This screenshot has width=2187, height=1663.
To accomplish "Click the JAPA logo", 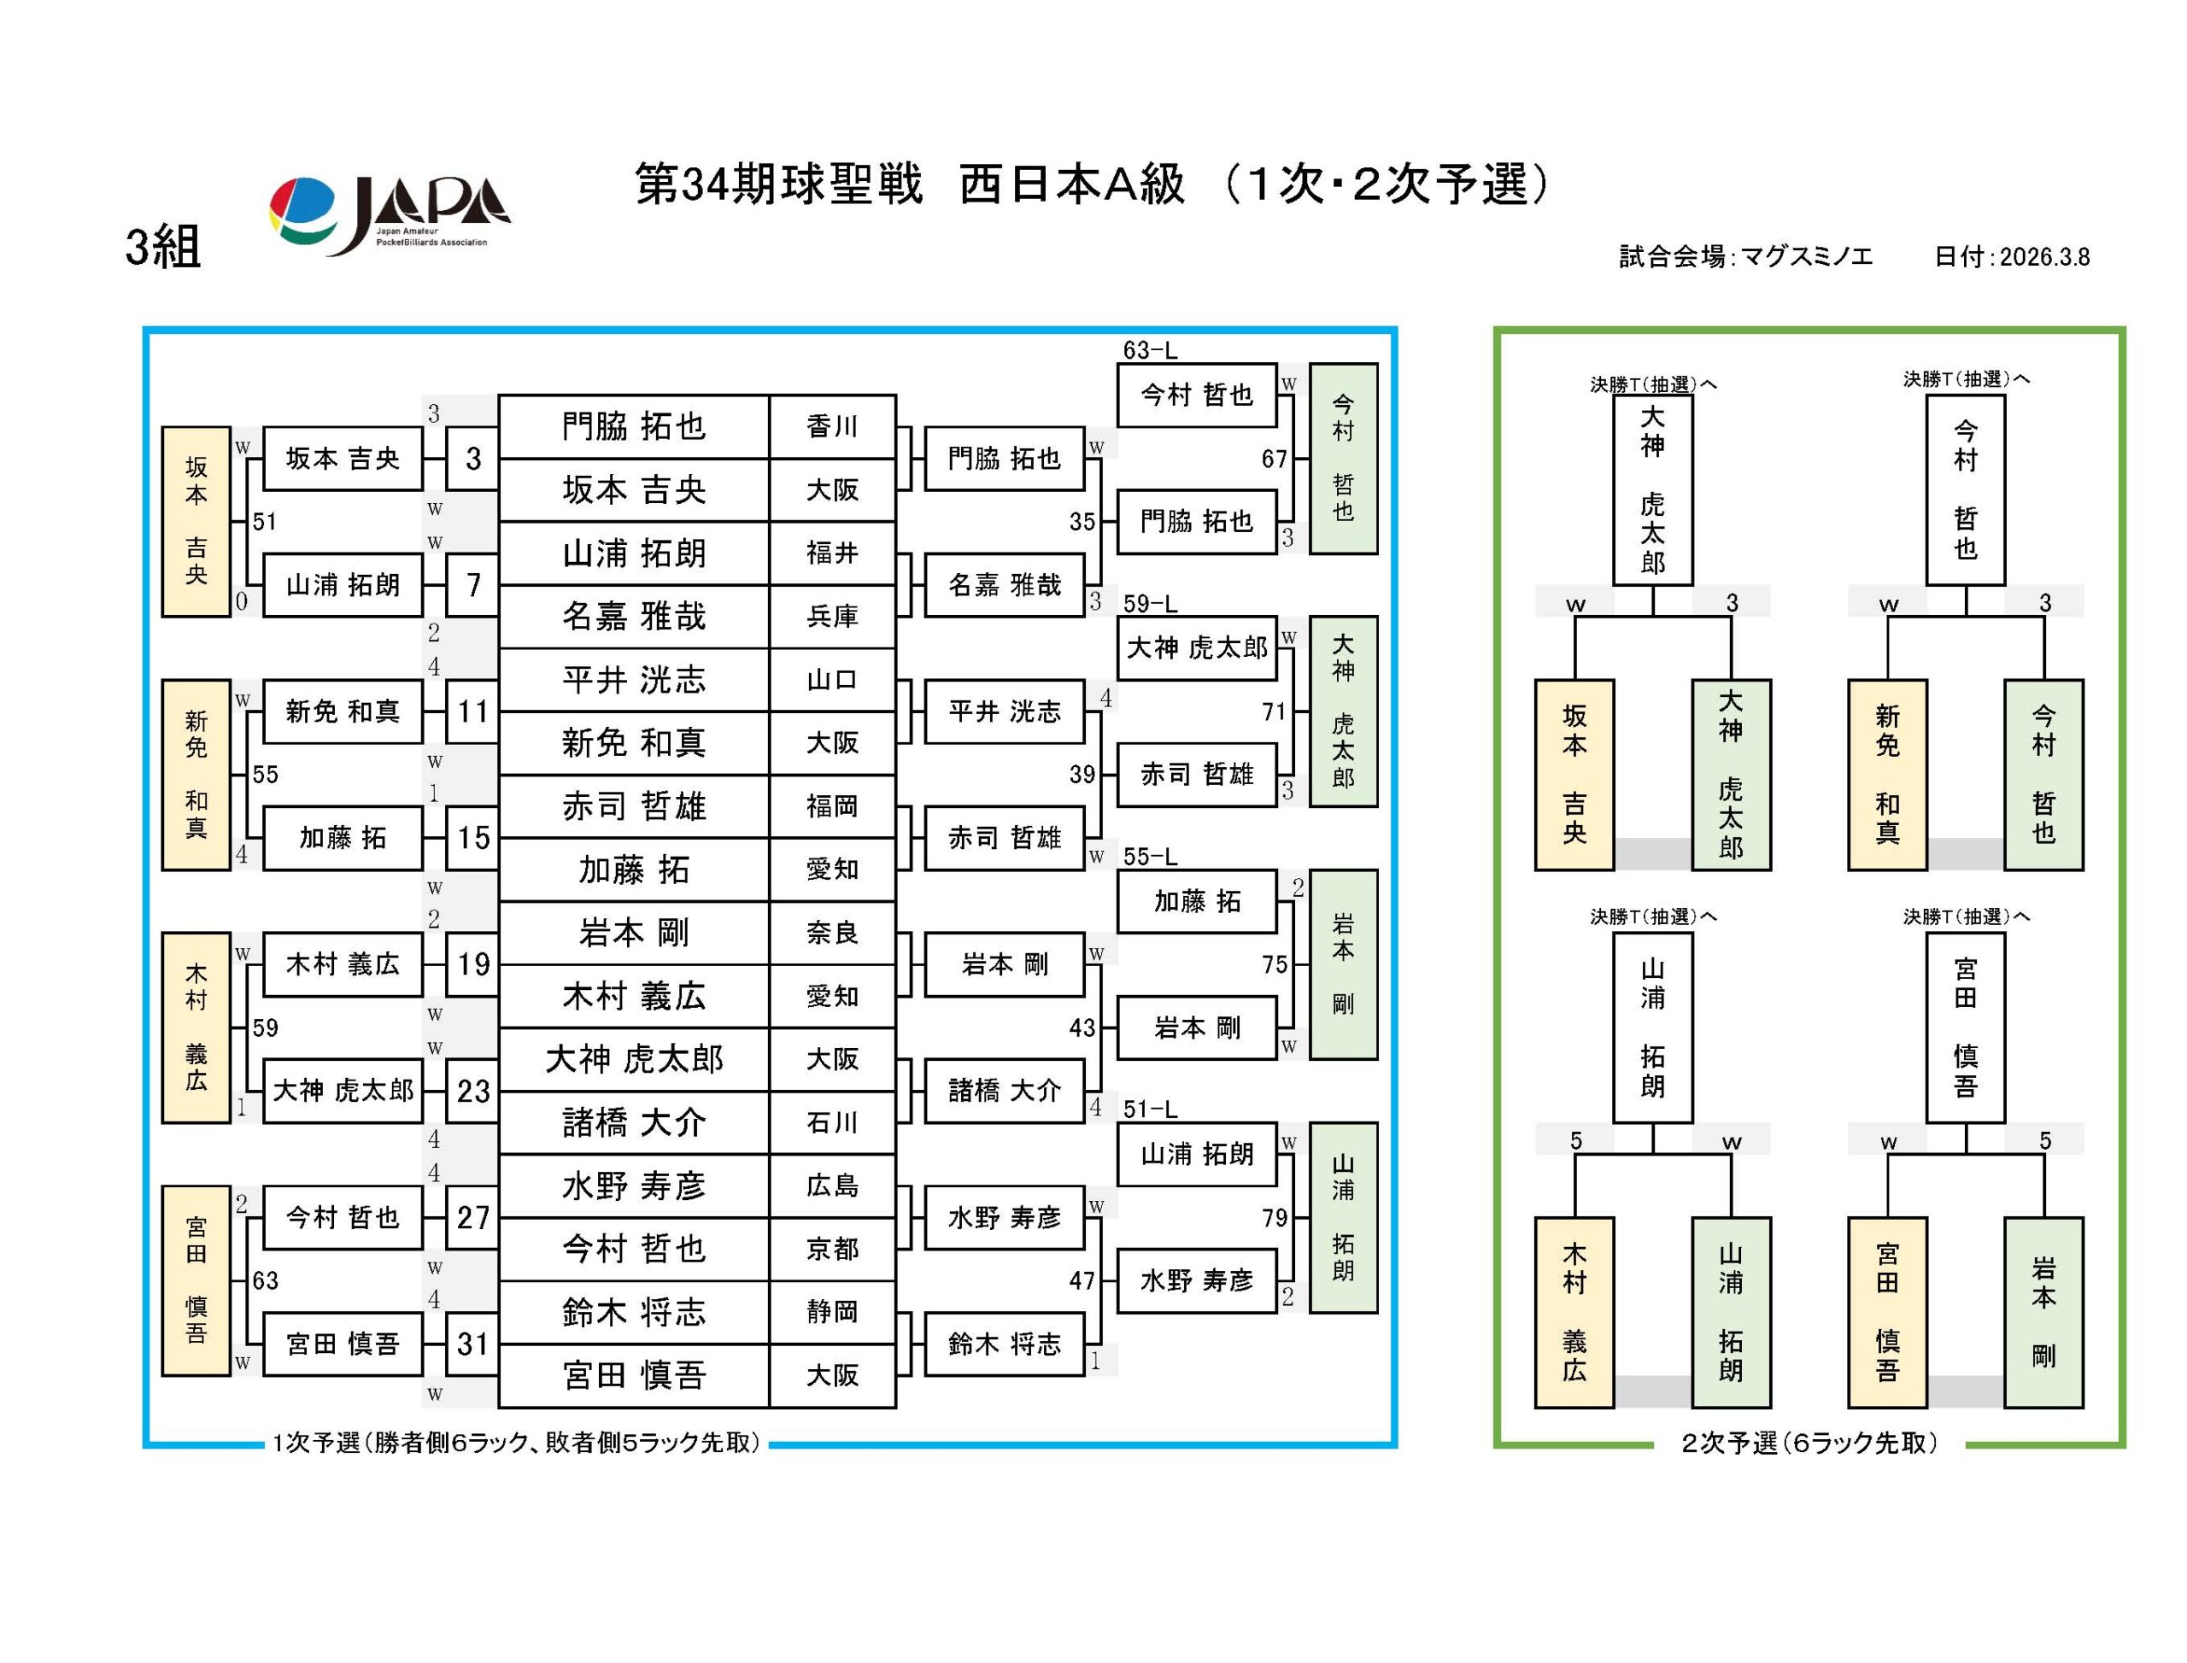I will pyautogui.click(x=389, y=214).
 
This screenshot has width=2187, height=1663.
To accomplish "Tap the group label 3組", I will pyautogui.click(x=162, y=247).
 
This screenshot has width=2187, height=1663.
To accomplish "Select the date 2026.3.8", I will pyautogui.click(x=2043, y=256).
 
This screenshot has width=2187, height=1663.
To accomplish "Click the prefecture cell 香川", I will pyautogui.click(x=831, y=426).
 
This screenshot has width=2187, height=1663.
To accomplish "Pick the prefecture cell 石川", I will pyautogui.click(x=831, y=1122).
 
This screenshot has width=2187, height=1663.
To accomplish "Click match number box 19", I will pyautogui.click(x=472, y=964).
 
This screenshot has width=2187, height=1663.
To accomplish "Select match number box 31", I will pyautogui.click(x=472, y=1344).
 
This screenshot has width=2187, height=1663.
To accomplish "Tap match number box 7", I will pyautogui.click(x=472, y=585).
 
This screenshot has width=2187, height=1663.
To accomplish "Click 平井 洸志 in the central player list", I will pyautogui.click(x=634, y=680).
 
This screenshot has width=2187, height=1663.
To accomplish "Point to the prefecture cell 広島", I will pyautogui.click(x=831, y=1186).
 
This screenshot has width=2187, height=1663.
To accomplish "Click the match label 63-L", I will pyautogui.click(x=1149, y=350).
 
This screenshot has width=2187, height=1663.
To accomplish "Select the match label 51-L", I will pyautogui.click(x=1149, y=1110).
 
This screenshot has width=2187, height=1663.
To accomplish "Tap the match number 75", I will pyautogui.click(x=1273, y=964).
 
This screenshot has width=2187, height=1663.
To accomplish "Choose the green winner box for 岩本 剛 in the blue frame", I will pyautogui.click(x=1342, y=964).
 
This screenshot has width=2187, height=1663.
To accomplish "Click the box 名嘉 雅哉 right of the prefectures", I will pyautogui.click(x=1004, y=585).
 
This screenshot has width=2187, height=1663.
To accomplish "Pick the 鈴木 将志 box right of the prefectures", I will pyautogui.click(x=1004, y=1344).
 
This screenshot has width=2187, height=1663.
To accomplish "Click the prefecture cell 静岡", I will pyautogui.click(x=831, y=1312).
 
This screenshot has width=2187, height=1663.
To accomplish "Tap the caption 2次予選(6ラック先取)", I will pyautogui.click(x=1809, y=1443).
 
